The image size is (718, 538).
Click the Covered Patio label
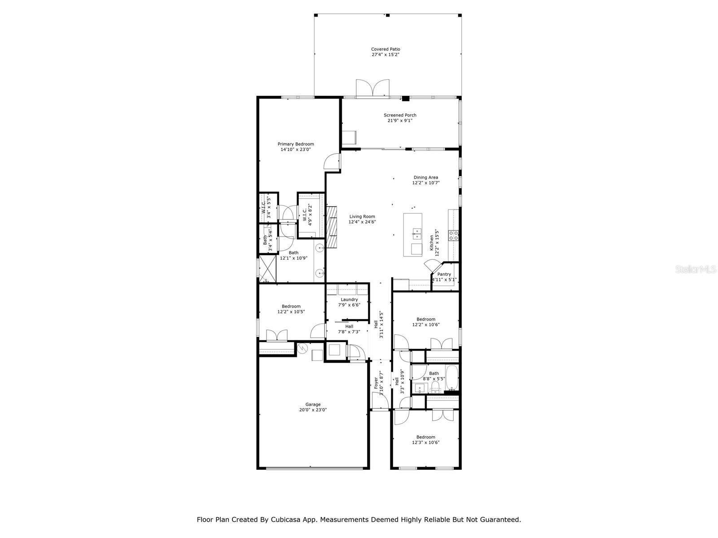click(385, 49)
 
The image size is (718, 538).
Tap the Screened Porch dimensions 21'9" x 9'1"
click(400, 121)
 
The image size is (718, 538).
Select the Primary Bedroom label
click(296, 144)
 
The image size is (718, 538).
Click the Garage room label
click(313, 404)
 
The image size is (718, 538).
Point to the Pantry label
click(444, 274)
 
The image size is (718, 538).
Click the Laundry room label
click(349, 299)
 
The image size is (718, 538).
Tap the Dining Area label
click(426, 177)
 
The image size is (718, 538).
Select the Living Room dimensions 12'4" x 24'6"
click(363, 222)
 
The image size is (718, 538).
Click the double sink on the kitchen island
click(417, 234)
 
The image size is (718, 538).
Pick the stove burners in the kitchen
click(453, 236)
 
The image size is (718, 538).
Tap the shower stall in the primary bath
click(267, 269)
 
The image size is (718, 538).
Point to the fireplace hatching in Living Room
click(332, 227)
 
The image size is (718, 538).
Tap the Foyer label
click(376, 382)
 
